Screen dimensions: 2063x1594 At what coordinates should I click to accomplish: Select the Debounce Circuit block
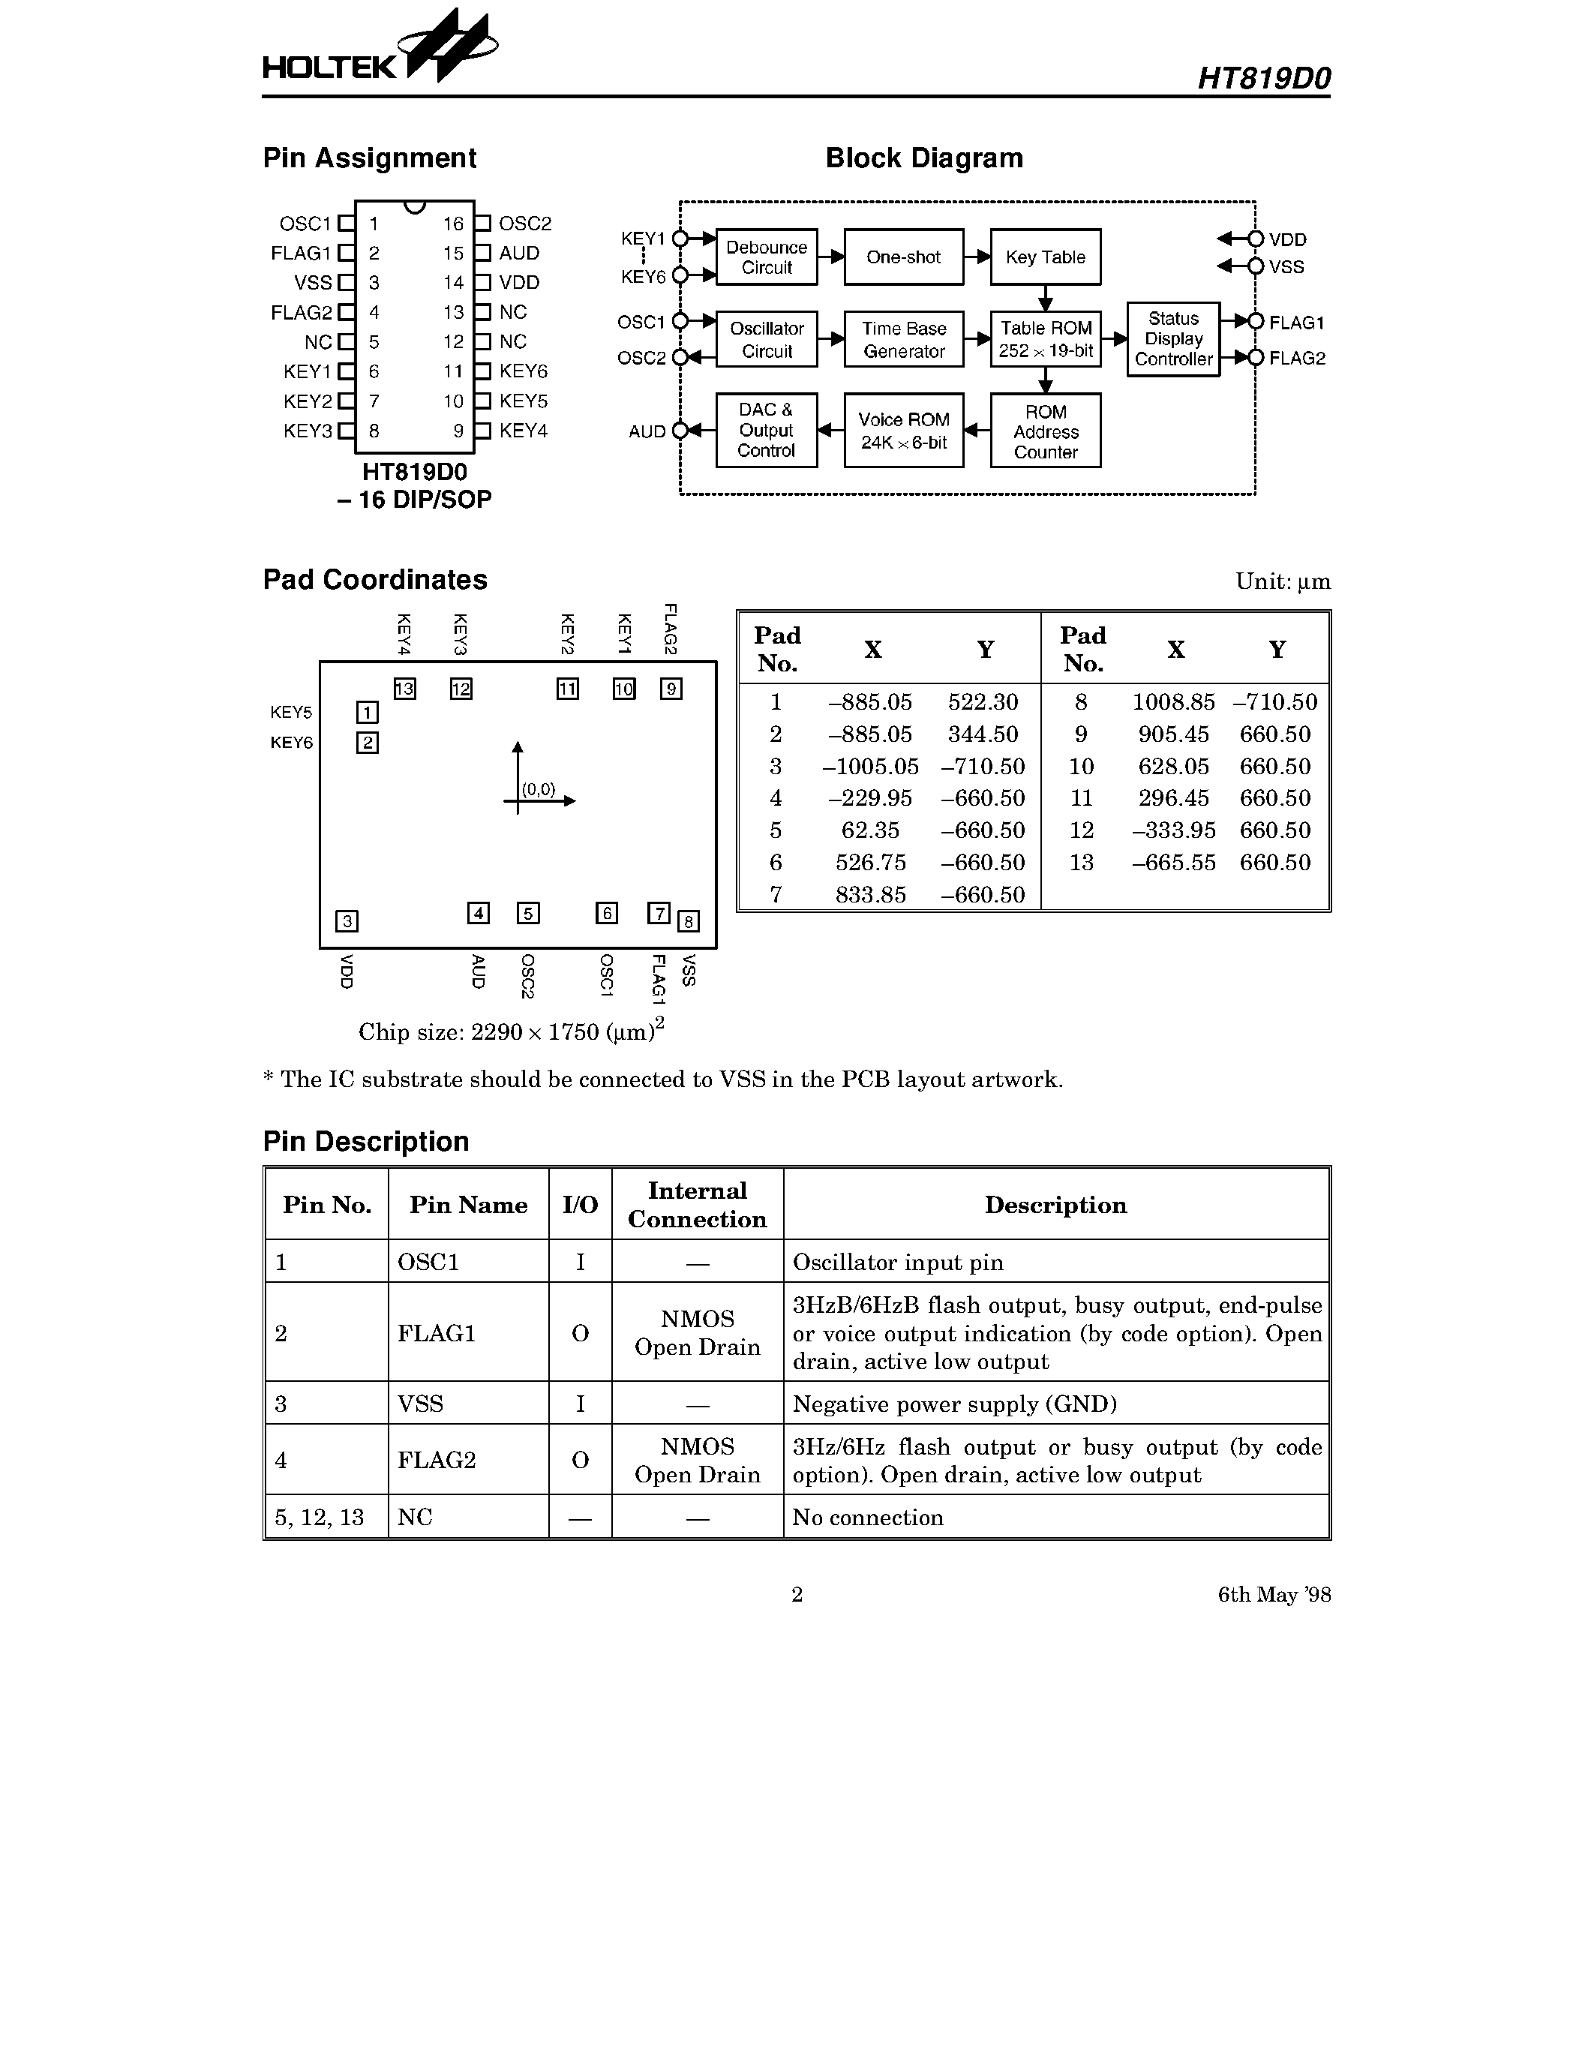pos(766,257)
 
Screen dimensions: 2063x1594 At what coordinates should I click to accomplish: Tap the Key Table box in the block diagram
pos(1044,257)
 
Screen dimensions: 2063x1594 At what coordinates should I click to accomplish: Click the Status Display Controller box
pos(1173,339)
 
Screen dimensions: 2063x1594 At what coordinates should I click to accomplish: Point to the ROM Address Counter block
pos(1044,431)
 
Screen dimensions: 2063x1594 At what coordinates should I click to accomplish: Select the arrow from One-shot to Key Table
pos(977,257)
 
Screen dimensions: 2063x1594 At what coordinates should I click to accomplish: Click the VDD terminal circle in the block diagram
pos(1255,239)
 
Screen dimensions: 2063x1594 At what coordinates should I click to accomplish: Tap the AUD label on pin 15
pos(519,253)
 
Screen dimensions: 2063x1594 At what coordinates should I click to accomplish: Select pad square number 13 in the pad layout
pos(404,689)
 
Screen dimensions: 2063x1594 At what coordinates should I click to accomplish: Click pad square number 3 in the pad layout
pos(347,921)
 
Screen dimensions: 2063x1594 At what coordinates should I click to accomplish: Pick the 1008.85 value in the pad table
pos(1173,702)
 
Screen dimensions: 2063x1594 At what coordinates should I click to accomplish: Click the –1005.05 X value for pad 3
pos(869,766)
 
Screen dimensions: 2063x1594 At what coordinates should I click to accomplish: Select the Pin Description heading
pos(365,1141)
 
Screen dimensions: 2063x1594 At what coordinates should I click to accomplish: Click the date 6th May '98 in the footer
pos(1274,1594)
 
